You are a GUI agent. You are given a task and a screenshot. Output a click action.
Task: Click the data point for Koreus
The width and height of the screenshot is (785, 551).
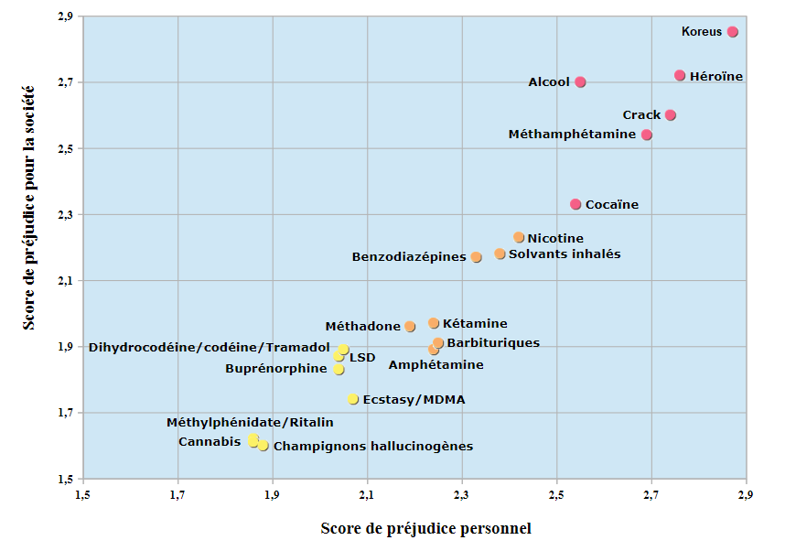pos(733,32)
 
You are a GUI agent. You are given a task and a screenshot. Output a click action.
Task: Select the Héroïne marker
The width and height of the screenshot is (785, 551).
pos(680,76)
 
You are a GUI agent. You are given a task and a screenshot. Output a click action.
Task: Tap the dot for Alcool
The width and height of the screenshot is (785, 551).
pos(580,82)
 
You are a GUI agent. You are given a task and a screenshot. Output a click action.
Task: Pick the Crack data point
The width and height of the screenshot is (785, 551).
pos(671,115)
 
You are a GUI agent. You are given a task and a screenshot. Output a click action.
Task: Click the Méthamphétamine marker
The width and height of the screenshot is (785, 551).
pos(647,135)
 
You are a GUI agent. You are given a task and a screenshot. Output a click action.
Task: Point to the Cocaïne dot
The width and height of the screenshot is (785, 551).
pos(575,204)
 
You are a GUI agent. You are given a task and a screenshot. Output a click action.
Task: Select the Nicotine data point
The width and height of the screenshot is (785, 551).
pos(519,238)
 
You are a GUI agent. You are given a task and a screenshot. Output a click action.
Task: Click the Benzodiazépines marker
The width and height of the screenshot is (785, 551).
pos(476,257)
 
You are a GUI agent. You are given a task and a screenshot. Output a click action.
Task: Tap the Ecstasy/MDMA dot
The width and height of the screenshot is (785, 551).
pos(353,399)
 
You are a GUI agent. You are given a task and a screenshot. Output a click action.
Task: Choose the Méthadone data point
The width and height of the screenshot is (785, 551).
pos(410,326)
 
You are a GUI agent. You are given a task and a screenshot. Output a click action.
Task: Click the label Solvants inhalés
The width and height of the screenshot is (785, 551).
pos(565,254)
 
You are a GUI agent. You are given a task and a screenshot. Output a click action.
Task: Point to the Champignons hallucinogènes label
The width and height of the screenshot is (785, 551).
pos(373,447)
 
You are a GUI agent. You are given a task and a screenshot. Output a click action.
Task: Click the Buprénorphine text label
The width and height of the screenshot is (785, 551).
pos(276,369)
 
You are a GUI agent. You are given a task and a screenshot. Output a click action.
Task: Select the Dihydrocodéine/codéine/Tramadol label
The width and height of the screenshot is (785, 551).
pos(209,347)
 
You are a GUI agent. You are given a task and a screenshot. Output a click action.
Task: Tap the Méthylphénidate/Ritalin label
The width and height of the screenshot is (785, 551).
pos(250,423)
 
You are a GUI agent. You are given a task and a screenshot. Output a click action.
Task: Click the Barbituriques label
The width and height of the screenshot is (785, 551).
pos(493,343)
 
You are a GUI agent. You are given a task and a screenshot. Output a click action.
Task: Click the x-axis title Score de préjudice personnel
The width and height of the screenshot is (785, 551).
pos(425,528)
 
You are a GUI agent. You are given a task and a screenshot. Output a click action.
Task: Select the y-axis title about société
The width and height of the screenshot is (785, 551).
pos(29,208)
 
